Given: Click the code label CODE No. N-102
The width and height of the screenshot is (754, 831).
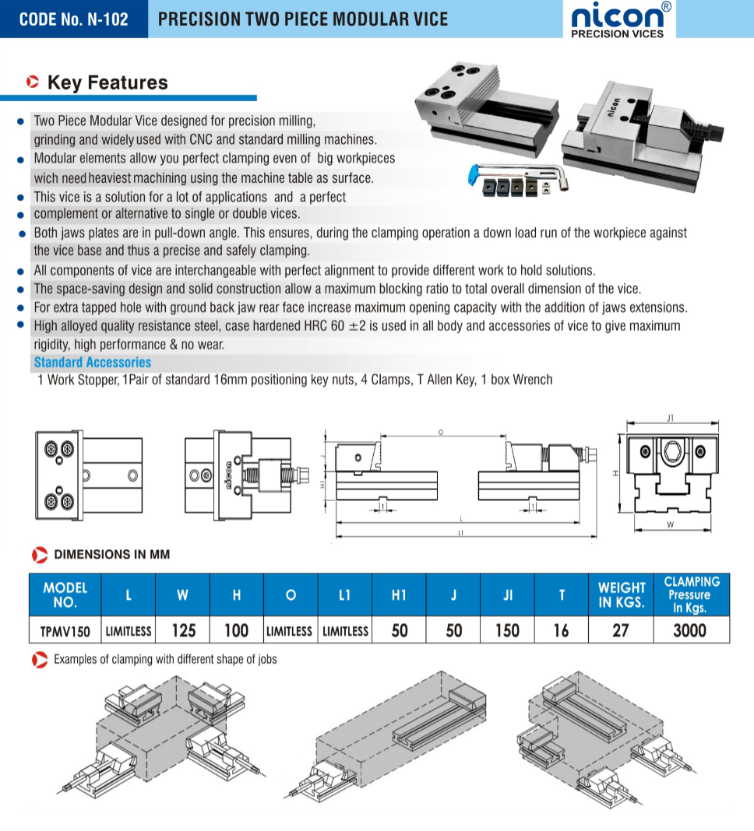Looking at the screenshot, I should coord(73,19).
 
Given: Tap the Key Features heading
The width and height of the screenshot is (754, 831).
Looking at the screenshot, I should coord(107,82).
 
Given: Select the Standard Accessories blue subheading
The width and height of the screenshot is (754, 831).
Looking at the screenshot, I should coord(93,362).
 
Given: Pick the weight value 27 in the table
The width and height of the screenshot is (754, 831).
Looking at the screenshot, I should coord(620,629).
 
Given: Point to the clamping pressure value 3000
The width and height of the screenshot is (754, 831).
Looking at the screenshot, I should coord(689,629).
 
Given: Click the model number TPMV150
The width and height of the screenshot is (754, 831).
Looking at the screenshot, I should coord(65,630).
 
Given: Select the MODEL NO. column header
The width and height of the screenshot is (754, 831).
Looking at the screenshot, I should coord(65,595).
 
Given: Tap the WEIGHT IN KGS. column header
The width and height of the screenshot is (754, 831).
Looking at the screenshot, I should coord(621,595).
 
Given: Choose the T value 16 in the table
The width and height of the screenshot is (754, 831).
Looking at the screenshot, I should coord(561,629).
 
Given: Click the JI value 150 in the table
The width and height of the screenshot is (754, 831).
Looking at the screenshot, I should coord(507,629).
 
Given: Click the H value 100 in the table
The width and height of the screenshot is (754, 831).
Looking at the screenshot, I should coord(236,629).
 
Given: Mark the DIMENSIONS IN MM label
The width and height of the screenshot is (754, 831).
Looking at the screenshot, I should coord(111,555).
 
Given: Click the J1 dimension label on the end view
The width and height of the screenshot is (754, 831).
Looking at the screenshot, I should coord(671,419).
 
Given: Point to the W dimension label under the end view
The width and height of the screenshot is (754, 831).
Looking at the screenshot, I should coord(670,525).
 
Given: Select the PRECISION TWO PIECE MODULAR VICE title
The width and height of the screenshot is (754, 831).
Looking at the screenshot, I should coord(303,19).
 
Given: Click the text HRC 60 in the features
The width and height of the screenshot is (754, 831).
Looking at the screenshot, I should coord(324,325).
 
